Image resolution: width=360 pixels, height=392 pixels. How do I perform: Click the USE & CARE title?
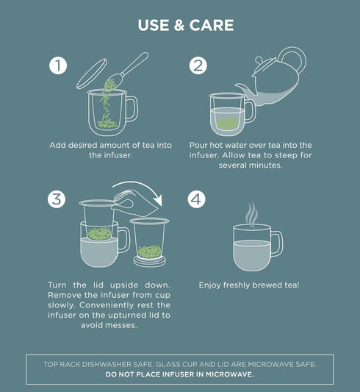pos(185,25)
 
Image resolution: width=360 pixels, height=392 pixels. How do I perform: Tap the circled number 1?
pos(59,65)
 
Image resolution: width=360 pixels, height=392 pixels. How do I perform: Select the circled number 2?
pos(197,65)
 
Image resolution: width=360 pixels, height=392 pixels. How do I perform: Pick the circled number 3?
pos(59,199)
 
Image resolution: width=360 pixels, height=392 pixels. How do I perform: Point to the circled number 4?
pos(197,199)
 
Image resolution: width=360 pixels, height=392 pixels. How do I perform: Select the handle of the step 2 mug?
pos(250,110)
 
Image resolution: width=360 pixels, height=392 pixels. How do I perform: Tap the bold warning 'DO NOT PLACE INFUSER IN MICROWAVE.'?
pos(180,374)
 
